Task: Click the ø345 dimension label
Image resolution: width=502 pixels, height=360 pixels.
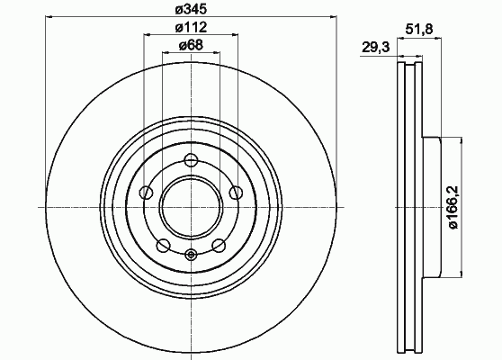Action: point(191,9)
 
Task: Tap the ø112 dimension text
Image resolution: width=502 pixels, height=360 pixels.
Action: point(191,27)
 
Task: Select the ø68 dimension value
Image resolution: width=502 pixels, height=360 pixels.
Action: point(191,45)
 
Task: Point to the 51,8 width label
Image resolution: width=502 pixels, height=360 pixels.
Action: point(419,30)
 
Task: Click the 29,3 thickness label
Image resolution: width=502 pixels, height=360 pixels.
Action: point(376,48)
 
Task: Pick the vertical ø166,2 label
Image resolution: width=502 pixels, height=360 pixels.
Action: point(453,207)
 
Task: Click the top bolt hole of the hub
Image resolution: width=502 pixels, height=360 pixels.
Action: point(191,160)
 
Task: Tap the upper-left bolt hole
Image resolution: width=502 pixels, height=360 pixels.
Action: point(147,193)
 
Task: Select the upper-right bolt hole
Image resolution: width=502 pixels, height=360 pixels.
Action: point(237,193)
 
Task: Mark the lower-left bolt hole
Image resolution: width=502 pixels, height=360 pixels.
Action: point(163,246)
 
